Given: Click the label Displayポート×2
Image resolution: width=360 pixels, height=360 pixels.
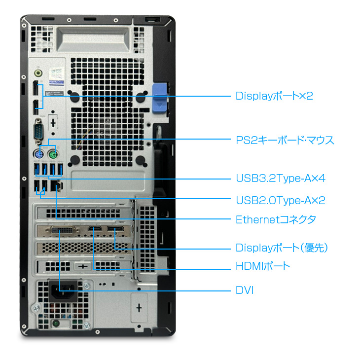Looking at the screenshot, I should tap(274, 96).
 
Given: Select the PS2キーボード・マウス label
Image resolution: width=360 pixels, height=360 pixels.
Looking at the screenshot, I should tap(285, 141).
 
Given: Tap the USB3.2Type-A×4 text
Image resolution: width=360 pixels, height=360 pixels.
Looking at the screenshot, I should tap(280, 178).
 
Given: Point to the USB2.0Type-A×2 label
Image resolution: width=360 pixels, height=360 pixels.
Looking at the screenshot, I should tap(280, 200).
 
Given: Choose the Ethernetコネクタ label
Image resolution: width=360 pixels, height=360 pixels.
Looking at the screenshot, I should tap(276, 219).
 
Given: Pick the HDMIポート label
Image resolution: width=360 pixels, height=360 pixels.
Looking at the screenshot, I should tap(263, 267).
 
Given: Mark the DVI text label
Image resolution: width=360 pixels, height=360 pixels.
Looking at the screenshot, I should tap(245, 290).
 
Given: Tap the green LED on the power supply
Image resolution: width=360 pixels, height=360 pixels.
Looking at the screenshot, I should tap(56, 324).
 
